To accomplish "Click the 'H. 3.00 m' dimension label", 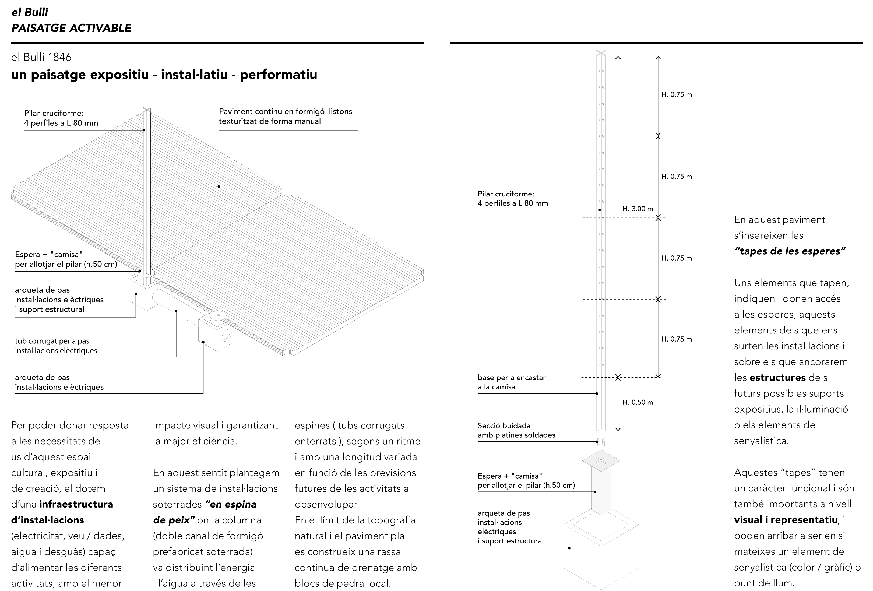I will coord(638,209).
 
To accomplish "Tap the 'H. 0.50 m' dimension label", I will coord(638,402).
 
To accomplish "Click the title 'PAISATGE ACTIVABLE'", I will coord(71,28).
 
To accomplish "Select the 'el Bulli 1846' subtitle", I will coord(41,57).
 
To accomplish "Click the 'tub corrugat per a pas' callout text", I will coord(52,341).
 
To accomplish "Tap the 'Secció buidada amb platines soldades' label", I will coord(516,430).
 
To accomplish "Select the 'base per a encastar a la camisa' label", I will coord(511,382).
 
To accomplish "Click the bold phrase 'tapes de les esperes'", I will coord(790,251).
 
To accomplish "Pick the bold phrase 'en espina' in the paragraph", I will coord(231,504).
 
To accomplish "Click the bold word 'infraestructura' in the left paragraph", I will coord(76,504).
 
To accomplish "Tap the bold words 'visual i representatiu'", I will coord(786,520).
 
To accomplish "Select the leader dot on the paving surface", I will coord(219,186).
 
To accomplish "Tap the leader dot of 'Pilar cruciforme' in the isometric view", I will coord(144,130).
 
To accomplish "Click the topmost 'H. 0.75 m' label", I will coord(676,95).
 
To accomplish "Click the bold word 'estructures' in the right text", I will coord(777,378).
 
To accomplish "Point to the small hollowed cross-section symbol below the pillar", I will coord(601,442).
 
